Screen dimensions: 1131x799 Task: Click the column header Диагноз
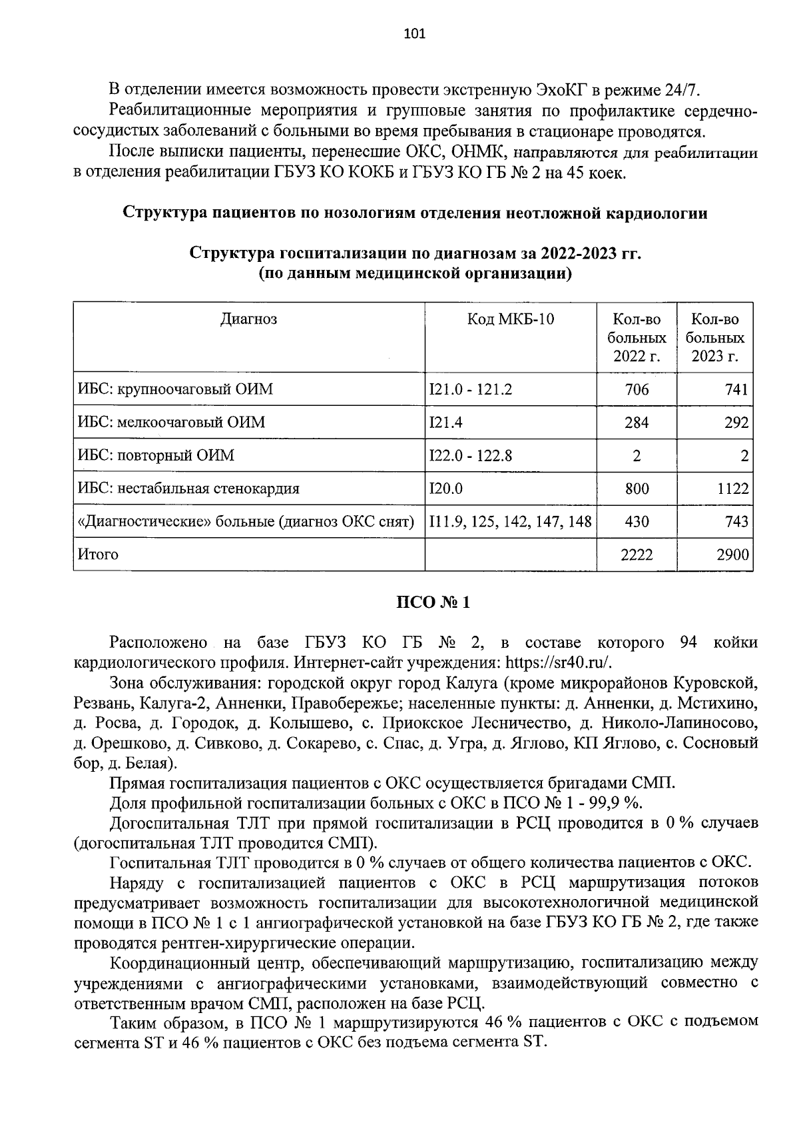point(248,319)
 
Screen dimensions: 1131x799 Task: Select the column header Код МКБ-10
point(510,319)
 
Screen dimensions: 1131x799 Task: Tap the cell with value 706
point(637,389)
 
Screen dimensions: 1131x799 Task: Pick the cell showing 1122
point(732,489)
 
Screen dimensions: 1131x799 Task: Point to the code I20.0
point(446,489)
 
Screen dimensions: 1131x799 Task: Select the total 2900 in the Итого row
point(732,555)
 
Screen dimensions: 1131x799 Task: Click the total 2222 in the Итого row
point(637,555)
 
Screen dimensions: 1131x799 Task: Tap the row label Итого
point(98,555)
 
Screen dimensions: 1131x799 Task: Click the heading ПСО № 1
point(433,602)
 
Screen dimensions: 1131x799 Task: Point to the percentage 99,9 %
point(618,802)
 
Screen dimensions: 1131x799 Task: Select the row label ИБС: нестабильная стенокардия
point(188,489)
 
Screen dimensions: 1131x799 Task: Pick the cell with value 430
point(637,522)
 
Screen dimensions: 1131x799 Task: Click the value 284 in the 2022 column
point(637,423)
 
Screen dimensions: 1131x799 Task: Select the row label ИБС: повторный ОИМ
point(156,456)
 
